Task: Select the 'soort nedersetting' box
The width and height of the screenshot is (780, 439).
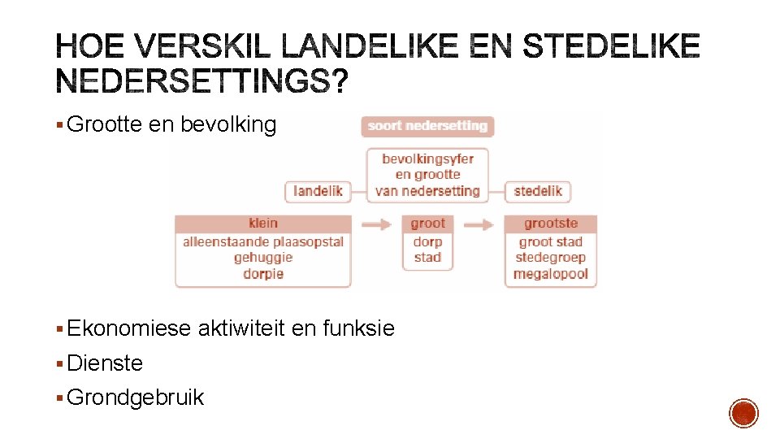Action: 427,126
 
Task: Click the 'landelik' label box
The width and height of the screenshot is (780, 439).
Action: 318,192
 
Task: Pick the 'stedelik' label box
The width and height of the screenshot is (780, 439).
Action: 538,192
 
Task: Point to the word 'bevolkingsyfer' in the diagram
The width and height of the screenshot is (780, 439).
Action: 427,159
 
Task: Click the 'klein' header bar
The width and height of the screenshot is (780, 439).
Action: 263,224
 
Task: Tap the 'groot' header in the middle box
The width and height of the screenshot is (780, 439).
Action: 427,224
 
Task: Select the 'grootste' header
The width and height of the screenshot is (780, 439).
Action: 551,224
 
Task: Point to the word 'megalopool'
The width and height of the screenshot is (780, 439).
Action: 551,274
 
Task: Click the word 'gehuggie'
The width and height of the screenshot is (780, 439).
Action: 263,258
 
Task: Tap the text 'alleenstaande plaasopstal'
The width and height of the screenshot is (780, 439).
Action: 263,241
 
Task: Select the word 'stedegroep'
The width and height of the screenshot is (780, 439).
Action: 551,258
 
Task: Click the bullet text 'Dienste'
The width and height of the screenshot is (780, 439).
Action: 105,363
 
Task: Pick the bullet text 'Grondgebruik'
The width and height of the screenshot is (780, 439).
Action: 136,398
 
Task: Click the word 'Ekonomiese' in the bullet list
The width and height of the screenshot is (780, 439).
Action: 129,328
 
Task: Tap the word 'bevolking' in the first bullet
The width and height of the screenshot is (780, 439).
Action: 228,125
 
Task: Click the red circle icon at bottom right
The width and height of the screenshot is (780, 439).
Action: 743,413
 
